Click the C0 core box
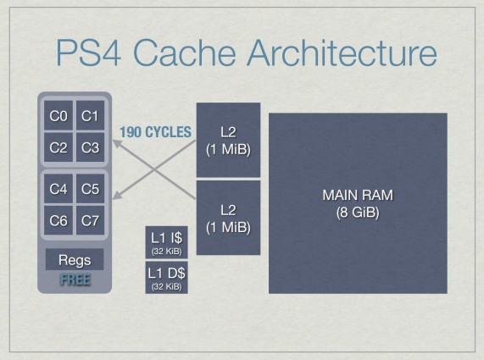point(58,115)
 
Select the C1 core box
point(90,115)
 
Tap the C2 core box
point(58,147)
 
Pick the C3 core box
point(90,147)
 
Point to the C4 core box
point(58,189)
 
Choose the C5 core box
point(90,189)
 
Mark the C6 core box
point(58,220)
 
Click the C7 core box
point(90,220)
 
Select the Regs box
point(75,259)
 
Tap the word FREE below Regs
point(75,280)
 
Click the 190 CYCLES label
point(156,132)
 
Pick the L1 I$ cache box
point(167,242)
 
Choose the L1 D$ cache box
point(167,278)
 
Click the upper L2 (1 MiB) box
point(228,140)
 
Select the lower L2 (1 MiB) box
point(228,218)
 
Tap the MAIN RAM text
point(358,195)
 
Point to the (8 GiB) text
point(358,213)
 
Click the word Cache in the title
point(185,52)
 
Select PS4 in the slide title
point(88,52)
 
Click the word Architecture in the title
point(342,52)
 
